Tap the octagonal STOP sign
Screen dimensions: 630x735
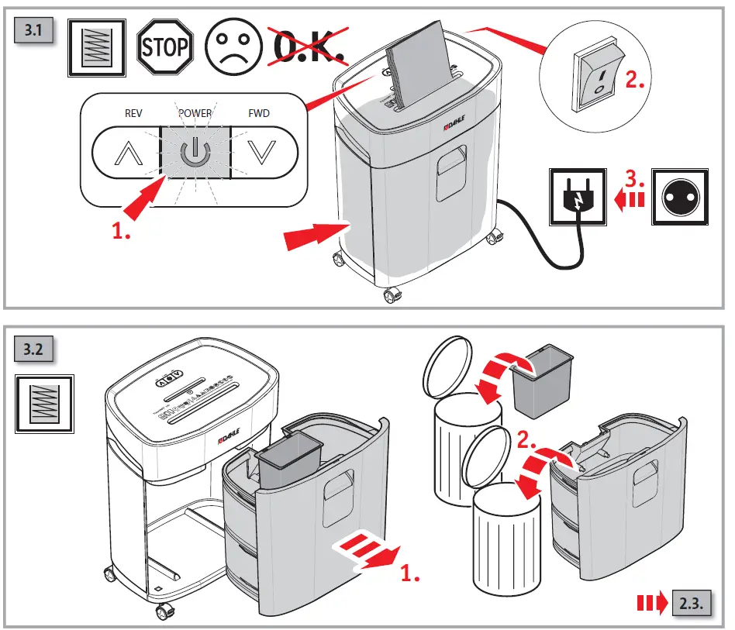point(164,47)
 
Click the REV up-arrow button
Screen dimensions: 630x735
point(124,153)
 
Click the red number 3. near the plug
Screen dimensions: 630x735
point(635,178)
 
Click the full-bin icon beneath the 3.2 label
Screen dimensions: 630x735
point(44,404)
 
